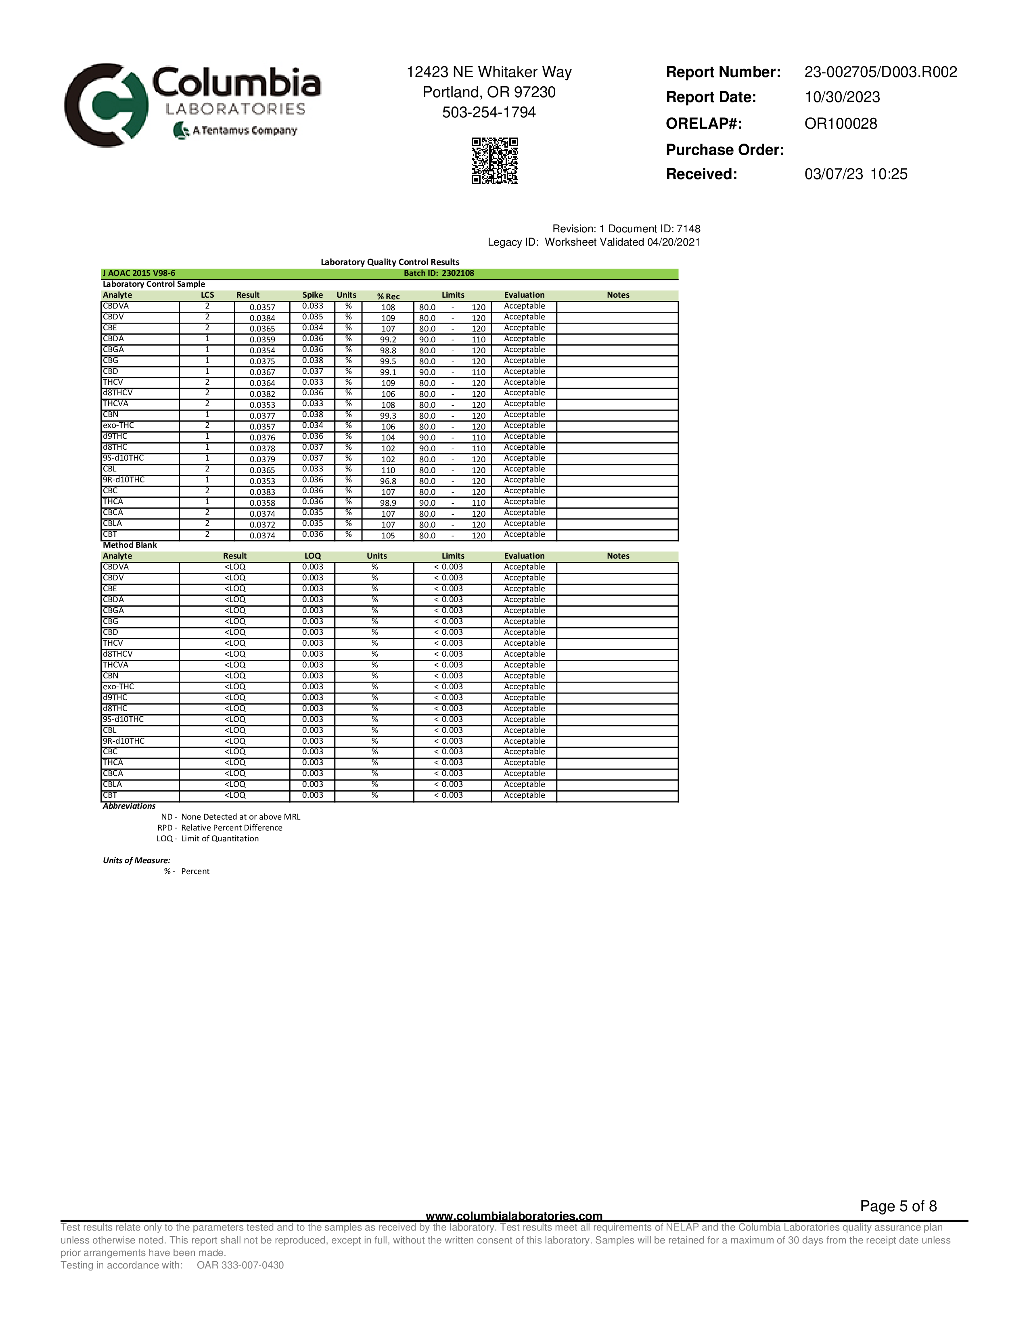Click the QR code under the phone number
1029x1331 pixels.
point(494,160)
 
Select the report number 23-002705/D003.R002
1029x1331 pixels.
point(880,72)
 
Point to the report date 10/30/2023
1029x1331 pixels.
point(842,98)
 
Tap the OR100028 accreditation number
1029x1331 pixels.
point(841,124)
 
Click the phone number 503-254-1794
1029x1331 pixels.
point(489,113)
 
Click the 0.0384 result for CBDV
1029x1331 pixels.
point(262,318)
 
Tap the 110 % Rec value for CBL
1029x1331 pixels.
point(388,470)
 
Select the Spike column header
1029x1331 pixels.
point(312,295)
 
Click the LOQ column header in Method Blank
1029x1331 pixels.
point(312,556)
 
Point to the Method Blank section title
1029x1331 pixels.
point(130,545)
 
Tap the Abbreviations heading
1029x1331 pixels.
point(129,806)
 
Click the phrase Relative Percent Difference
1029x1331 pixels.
point(232,828)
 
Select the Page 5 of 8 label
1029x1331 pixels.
point(898,1206)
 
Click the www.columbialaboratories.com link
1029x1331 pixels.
point(514,1216)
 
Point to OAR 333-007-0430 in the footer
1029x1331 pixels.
point(240,1265)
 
